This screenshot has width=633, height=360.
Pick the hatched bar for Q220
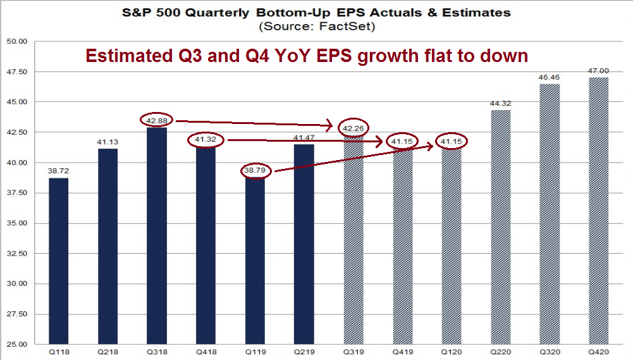pos(501,227)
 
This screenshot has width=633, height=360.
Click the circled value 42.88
pos(157,120)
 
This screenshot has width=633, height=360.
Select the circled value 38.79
pos(255,171)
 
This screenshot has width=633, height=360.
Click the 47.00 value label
pos(599,71)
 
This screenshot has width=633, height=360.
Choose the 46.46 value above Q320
pos(550,78)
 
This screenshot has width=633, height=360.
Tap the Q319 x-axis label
pos(353,352)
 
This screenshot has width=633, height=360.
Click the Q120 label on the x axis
pos(452,352)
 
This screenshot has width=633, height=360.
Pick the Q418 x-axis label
pos(206,352)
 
